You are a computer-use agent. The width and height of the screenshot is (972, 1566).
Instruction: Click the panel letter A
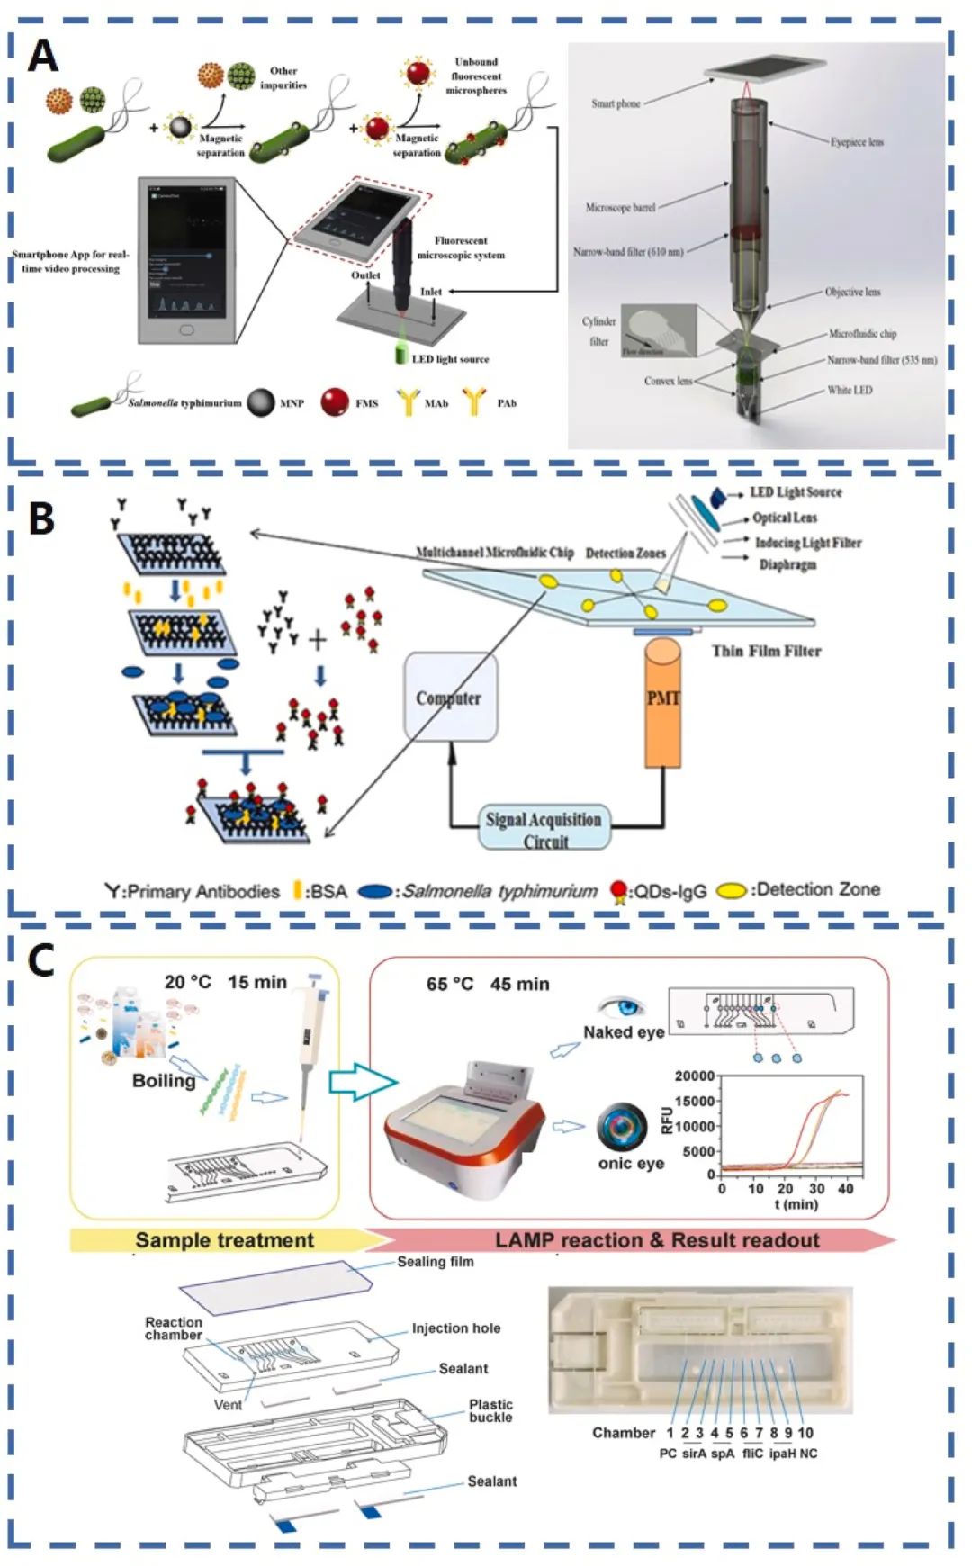pos(42,56)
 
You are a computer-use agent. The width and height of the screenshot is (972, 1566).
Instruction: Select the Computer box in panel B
pos(449,698)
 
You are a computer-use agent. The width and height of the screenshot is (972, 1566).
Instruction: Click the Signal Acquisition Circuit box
pos(544,829)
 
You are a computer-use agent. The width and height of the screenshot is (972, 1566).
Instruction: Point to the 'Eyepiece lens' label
pos(856,142)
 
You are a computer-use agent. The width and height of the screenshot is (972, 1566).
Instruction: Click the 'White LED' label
pos(850,391)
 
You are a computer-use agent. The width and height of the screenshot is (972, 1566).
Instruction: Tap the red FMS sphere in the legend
pos(335,402)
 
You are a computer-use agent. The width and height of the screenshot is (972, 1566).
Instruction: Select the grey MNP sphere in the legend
pos(261,402)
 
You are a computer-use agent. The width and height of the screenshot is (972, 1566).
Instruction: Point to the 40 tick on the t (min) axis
pos(845,1189)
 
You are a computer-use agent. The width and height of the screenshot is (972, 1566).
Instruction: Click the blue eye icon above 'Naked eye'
pos(621,1006)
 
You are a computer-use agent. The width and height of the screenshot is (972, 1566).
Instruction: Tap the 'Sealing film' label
pos(436,1262)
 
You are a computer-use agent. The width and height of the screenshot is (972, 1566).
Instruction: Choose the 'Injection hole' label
pos(455,1328)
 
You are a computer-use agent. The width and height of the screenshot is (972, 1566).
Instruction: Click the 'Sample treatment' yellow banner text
pos(224,1240)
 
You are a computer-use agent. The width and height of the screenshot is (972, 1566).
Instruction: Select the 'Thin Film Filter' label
pos(766,651)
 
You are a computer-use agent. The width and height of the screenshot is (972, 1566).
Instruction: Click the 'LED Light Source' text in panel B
pos(796,492)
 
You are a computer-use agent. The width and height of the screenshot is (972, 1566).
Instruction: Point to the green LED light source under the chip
pos(400,355)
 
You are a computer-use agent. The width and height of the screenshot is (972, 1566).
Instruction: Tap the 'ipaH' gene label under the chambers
pos(781,1453)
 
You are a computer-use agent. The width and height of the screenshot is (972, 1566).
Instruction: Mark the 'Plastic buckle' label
pos(490,1410)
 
